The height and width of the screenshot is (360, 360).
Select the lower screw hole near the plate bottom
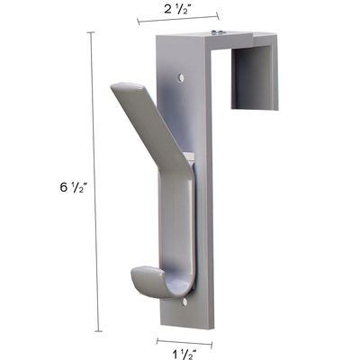coord(185,303)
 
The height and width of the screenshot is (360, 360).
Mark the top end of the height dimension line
coord(91,32)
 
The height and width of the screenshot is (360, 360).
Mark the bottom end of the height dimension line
coord(91,332)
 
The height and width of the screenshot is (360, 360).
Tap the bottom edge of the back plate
coord(186,327)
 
